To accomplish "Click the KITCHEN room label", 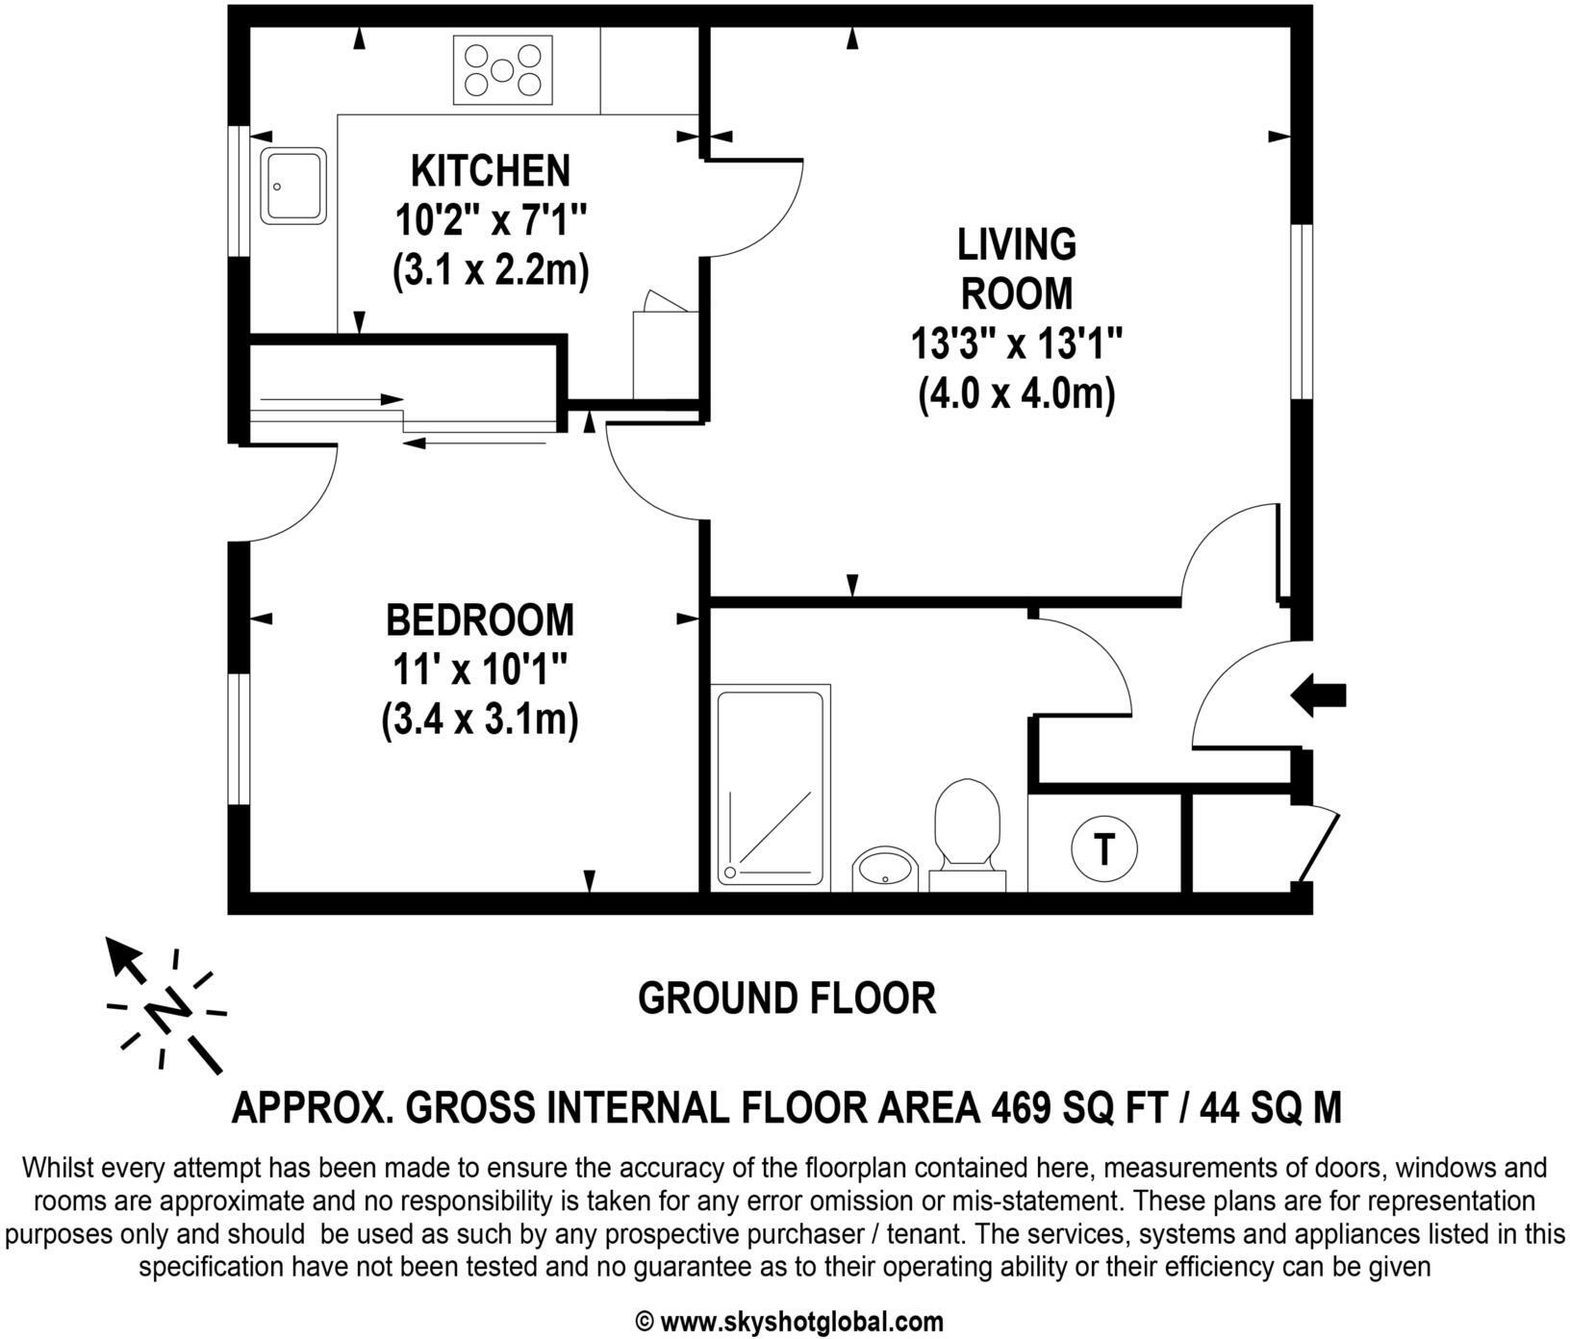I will click(x=491, y=171).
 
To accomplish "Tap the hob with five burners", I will click(x=502, y=70).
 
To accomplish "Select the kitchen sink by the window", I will click(x=292, y=186).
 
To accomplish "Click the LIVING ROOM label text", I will click(x=1017, y=269).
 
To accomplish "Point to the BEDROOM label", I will click(x=479, y=620).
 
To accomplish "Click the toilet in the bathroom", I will click(x=967, y=825).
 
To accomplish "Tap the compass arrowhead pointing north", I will click(x=120, y=955).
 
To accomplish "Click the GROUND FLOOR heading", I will click(x=787, y=998).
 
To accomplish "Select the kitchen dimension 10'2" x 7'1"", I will click(x=491, y=222).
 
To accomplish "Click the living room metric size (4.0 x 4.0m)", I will click(x=1017, y=393).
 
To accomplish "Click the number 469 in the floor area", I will click(x=1022, y=1108).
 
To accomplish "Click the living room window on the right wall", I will click(x=1301, y=311).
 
